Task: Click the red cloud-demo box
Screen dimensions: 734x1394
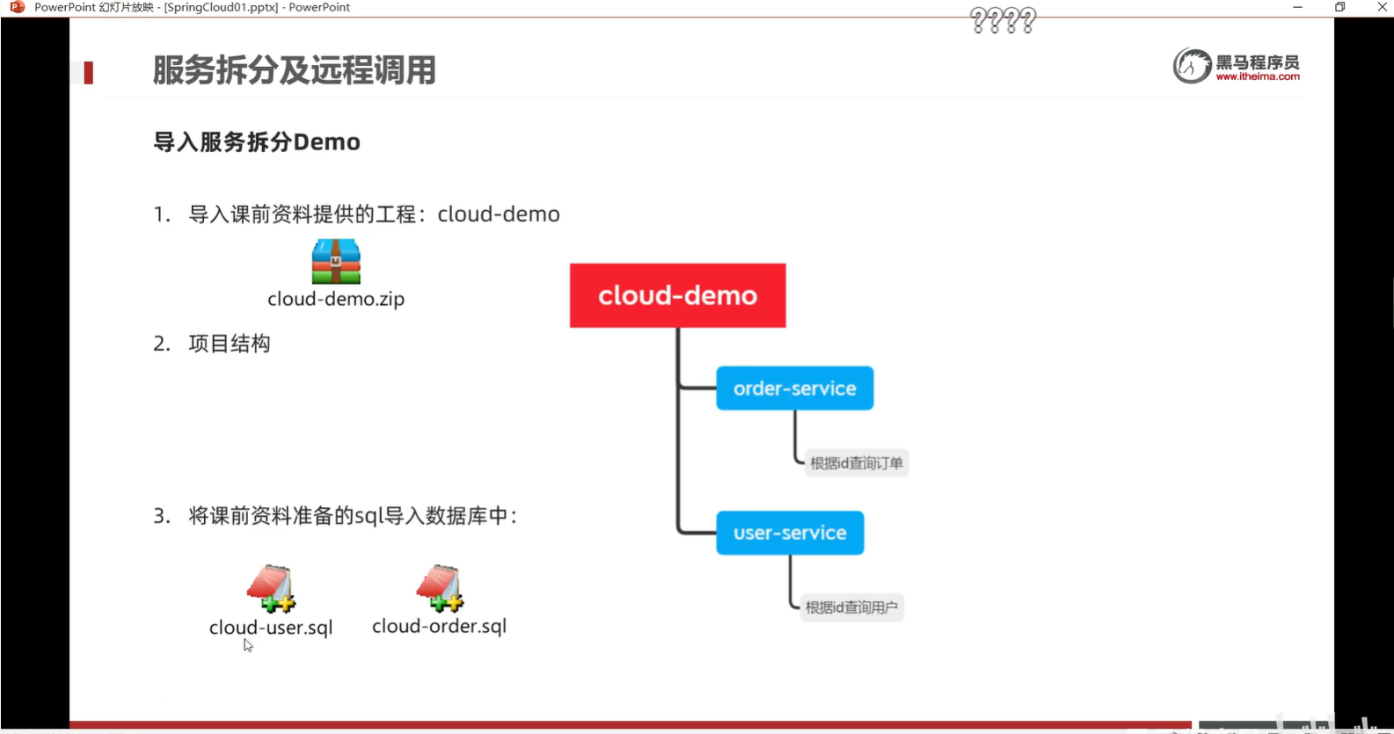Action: (x=677, y=295)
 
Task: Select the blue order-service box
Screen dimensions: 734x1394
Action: (x=794, y=388)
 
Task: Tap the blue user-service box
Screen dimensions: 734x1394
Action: (x=790, y=533)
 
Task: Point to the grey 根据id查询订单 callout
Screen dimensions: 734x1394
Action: (x=856, y=463)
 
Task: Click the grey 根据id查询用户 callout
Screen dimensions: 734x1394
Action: (x=851, y=607)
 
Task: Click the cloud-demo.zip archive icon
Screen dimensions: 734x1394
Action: (x=336, y=261)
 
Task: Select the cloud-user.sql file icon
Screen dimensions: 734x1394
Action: (x=271, y=588)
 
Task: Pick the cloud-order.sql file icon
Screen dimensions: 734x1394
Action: (x=440, y=588)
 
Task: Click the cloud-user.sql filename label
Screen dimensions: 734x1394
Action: (x=271, y=628)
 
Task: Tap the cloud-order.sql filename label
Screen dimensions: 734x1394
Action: (x=439, y=626)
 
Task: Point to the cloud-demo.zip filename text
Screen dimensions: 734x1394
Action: (x=336, y=299)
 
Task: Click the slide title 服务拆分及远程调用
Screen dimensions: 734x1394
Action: (x=294, y=70)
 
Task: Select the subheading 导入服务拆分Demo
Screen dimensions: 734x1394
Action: (x=257, y=142)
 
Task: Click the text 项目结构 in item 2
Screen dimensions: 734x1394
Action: (x=230, y=344)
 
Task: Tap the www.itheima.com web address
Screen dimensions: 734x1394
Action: (x=1258, y=76)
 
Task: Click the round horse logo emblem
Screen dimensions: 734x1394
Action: (x=1192, y=66)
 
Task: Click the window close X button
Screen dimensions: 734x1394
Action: (x=1382, y=7)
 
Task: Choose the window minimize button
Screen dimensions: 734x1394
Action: (x=1297, y=7)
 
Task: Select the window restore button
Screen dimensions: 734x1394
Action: (x=1339, y=7)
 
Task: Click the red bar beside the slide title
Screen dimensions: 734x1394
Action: (x=88, y=72)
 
